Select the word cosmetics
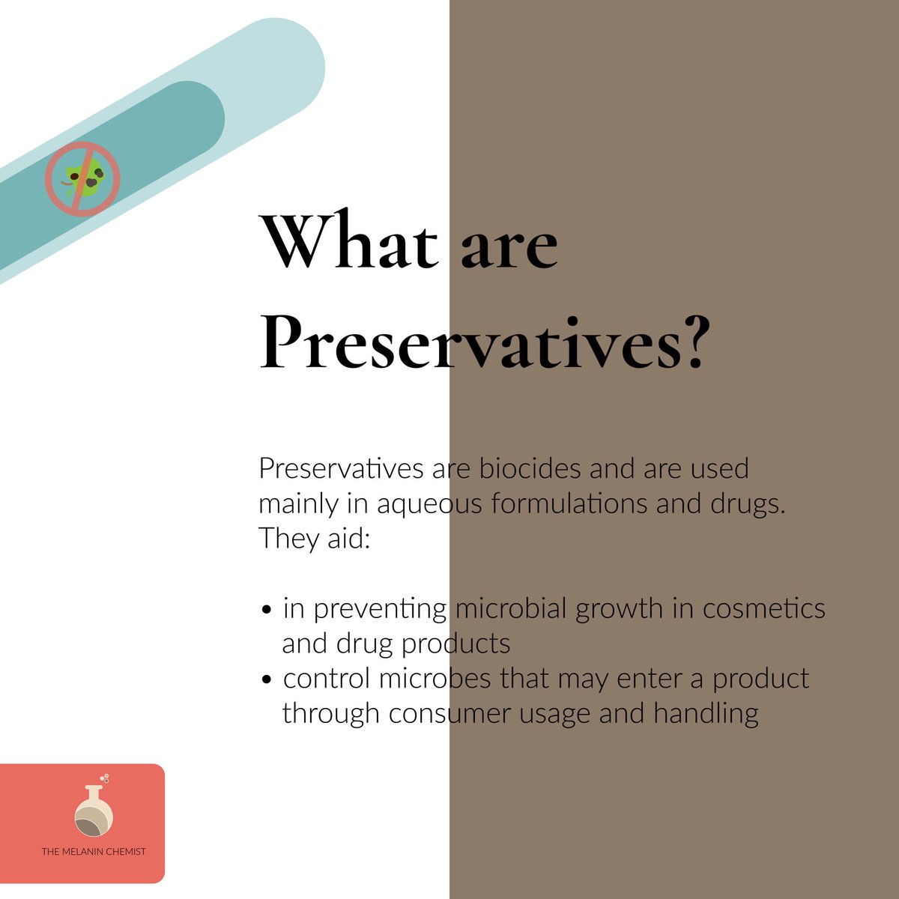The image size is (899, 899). pos(763,608)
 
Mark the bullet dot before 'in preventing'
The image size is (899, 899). pos(266,611)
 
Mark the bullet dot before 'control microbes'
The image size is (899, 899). pos(266,680)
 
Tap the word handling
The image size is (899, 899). pos(706,713)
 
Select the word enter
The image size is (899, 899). pos(651,679)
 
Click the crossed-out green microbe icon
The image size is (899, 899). pos(82,179)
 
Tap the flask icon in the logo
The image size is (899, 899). pos(94,813)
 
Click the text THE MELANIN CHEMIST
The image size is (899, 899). pos(94,852)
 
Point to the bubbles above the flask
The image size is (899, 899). pos(105,778)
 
